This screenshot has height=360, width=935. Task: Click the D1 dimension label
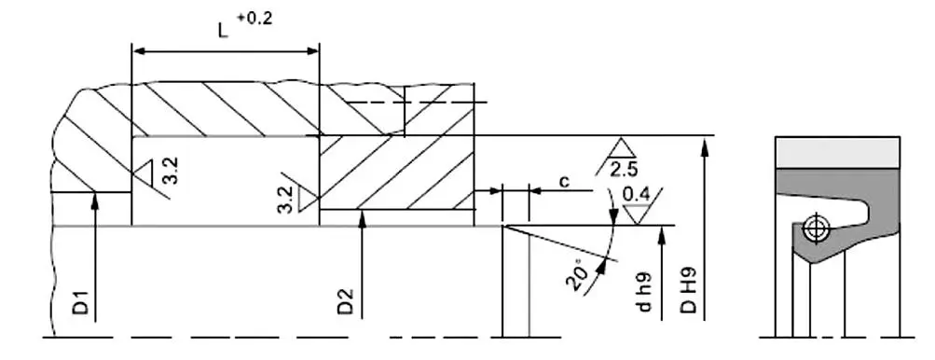pos(82,303)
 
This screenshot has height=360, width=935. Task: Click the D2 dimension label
pos(346,301)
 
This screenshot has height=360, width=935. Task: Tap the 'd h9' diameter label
pos(643,292)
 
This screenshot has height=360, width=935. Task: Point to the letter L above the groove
pos(223,31)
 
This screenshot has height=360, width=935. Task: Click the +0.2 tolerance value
pos(254,19)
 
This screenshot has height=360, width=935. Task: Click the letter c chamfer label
pos(563,181)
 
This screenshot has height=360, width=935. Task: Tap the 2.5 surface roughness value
pos(623,171)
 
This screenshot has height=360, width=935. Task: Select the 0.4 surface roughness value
pos(636,195)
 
